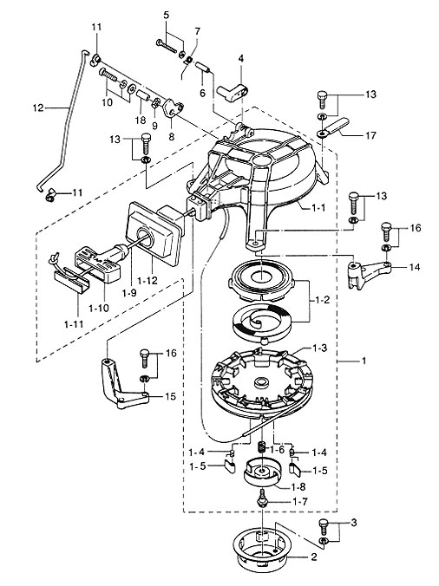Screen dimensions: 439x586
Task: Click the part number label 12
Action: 38,108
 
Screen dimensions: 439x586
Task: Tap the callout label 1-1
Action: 318,207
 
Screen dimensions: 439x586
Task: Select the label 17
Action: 370,134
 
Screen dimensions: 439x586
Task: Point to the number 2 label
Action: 314,557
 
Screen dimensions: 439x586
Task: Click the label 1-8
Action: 298,487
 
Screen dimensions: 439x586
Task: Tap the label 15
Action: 170,396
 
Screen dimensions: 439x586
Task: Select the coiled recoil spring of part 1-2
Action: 261,320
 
